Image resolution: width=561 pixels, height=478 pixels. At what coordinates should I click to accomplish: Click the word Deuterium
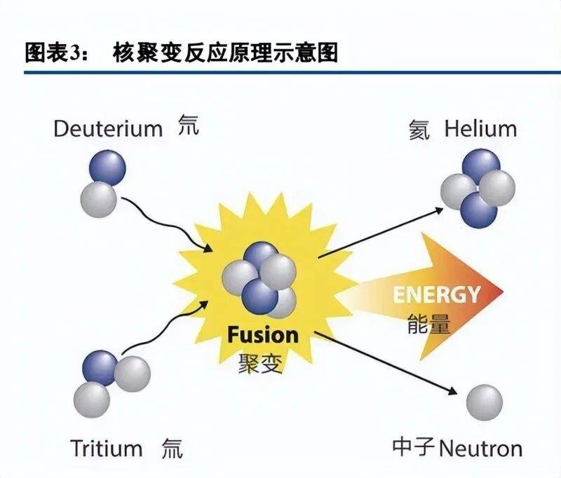click(x=108, y=129)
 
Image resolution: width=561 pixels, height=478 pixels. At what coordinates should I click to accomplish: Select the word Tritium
click(x=106, y=448)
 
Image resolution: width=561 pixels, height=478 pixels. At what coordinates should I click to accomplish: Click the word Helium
click(x=480, y=129)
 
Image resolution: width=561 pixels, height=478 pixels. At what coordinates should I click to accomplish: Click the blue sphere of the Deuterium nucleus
click(x=107, y=168)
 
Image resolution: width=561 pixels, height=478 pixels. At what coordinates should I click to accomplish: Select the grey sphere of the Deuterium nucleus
click(x=99, y=198)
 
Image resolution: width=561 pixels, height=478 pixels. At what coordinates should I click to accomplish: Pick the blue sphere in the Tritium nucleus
click(x=100, y=368)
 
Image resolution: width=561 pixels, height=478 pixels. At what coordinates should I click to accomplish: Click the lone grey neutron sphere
click(x=485, y=403)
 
